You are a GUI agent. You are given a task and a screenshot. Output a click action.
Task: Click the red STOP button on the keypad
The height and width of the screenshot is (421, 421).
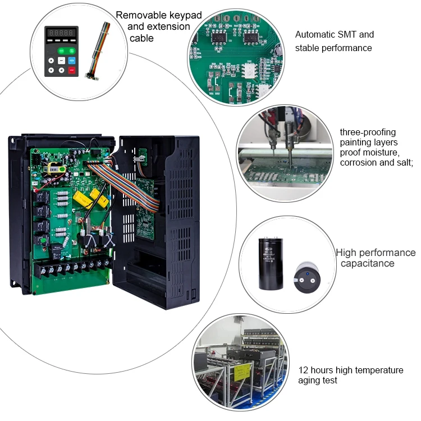[x=71, y=71]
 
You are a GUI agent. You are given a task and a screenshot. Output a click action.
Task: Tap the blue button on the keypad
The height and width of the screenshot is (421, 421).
[x=71, y=60]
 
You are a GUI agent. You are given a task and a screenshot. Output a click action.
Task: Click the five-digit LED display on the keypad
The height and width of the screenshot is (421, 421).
[x=61, y=34]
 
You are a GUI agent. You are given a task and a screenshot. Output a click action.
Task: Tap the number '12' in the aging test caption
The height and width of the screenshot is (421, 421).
[x=304, y=370]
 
